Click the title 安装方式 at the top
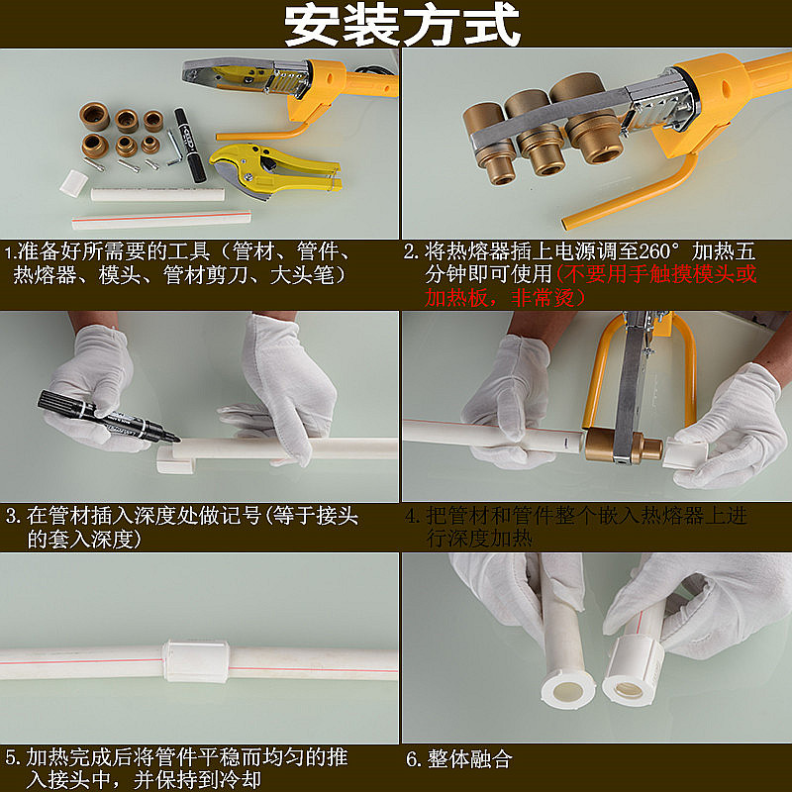click(x=402, y=26)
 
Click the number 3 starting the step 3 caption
click(x=12, y=516)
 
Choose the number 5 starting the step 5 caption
click(x=12, y=757)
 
